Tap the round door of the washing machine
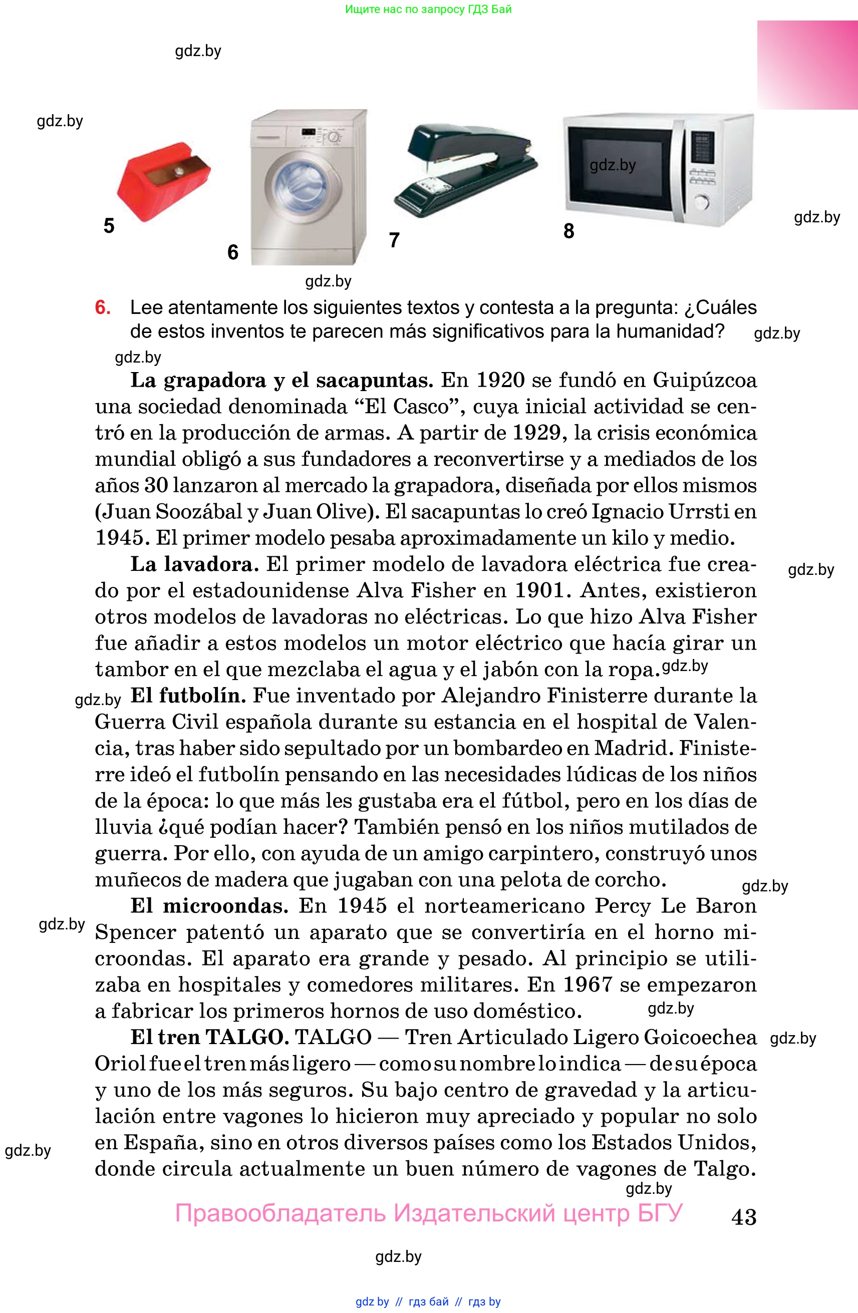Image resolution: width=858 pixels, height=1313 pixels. pyautogui.click(x=303, y=188)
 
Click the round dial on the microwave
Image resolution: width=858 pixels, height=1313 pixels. pyautogui.click(x=701, y=202)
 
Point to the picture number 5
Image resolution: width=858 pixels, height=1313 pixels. pyautogui.click(x=109, y=226)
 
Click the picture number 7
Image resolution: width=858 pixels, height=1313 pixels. pyautogui.click(x=394, y=240)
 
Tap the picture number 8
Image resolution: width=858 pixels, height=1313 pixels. pyautogui.click(x=569, y=231)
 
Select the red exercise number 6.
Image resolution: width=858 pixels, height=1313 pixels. pyautogui.click(x=103, y=307)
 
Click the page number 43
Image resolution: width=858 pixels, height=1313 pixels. pyautogui.click(x=743, y=1217)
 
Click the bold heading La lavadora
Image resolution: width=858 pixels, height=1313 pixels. pyautogui.click(x=194, y=564)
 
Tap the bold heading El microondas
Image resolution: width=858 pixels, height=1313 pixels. pyautogui.click(x=208, y=906)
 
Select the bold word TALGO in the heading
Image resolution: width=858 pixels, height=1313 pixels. pyautogui.click(x=247, y=1037)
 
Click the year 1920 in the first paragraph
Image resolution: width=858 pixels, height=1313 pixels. pyautogui.click(x=500, y=380)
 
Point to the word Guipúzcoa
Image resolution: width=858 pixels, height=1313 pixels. pyautogui.click(x=705, y=380)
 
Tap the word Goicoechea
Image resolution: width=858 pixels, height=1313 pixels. pyautogui.click(x=700, y=1037)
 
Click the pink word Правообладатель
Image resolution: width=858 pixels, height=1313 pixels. pyautogui.click(x=280, y=1213)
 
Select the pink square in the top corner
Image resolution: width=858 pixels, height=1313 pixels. pyautogui.click(x=807, y=65)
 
